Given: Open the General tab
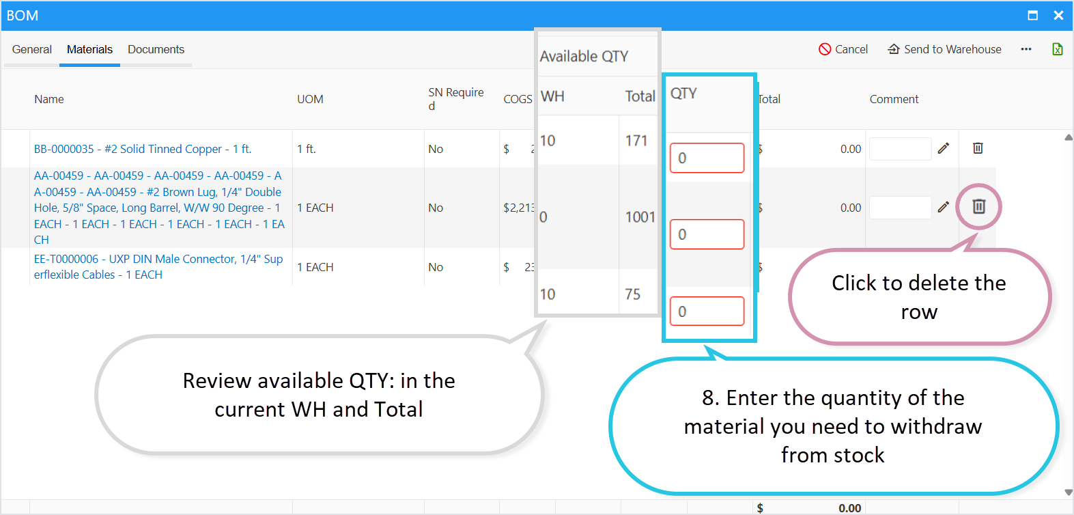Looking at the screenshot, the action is click(x=32, y=49).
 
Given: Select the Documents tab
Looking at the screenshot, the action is click(x=156, y=49).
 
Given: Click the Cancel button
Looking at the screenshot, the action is click(x=843, y=49).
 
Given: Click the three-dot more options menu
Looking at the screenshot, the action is click(x=1026, y=49).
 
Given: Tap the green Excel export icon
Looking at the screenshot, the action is click(x=1057, y=49).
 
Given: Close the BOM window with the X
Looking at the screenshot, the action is click(x=1058, y=15).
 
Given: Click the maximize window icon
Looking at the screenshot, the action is click(x=1032, y=15).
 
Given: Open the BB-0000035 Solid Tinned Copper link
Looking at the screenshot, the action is click(x=143, y=149).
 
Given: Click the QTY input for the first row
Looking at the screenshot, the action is click(x=707, y=158).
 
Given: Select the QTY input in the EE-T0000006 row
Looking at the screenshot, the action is click(x=707, y=311).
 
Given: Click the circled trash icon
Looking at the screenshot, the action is click(x=978, y=206).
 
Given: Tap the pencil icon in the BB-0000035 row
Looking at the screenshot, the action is click(x=944, y=148).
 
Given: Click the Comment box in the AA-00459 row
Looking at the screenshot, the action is click(x=900, y=208).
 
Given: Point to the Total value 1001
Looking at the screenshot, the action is click(x=640, y=217).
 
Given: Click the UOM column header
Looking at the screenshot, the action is click(x=310, y=99).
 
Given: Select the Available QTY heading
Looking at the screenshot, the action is click(x=584, y=56).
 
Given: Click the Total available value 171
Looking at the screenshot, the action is click(x=636, y=141).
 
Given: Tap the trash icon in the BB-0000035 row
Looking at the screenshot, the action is click(x=978, y=148).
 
